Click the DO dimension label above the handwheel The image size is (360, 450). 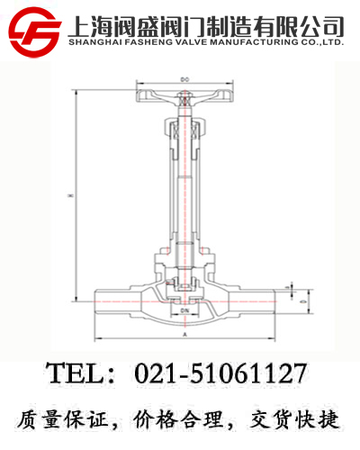tap(184, 80)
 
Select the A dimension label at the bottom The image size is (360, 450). tap(184, 333)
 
